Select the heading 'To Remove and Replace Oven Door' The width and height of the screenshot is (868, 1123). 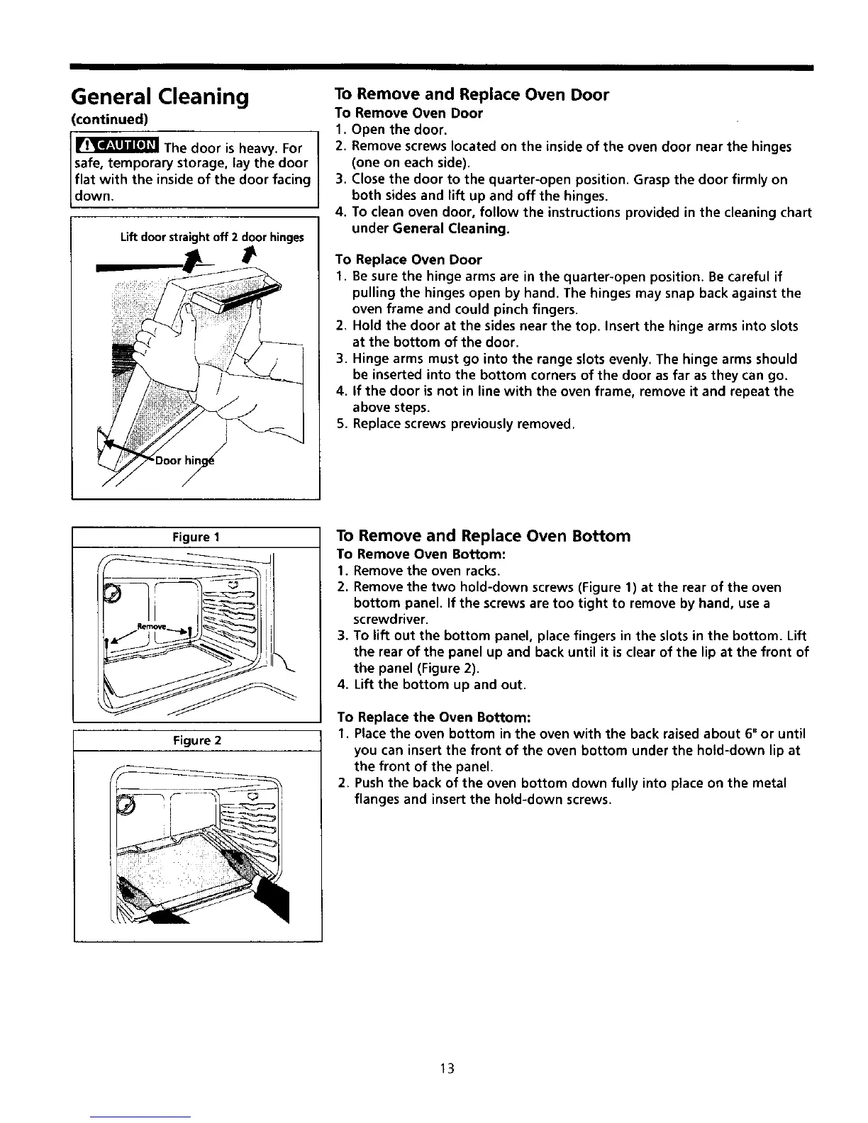pos(472,95)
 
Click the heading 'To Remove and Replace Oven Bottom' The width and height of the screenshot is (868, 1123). pos(483,536)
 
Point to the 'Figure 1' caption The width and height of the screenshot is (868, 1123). pos(197,537)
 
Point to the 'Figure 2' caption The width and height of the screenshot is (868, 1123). pos(198,741)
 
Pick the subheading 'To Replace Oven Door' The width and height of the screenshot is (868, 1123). pos(409,259)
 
